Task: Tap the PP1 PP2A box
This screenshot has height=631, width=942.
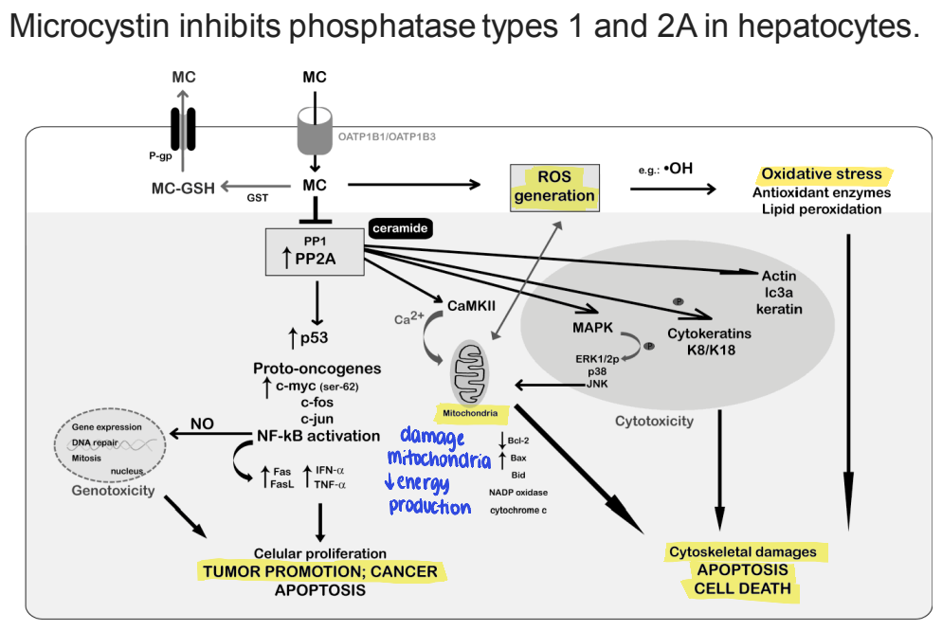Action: pyautogui.click(x=317, y=251)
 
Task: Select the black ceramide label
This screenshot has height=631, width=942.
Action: pyautogui.click(x=401, y=228)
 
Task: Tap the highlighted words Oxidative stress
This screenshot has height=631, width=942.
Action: pyautogui.click(x=821, y=174)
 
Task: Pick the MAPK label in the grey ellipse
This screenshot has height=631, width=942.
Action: pyautogui.click(x=593, y=327)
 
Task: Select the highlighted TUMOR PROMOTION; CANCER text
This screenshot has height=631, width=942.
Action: pyautogui.click(x=318, y=571)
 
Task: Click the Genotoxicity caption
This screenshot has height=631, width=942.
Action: pyautogui.click(x=111, y=491)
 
